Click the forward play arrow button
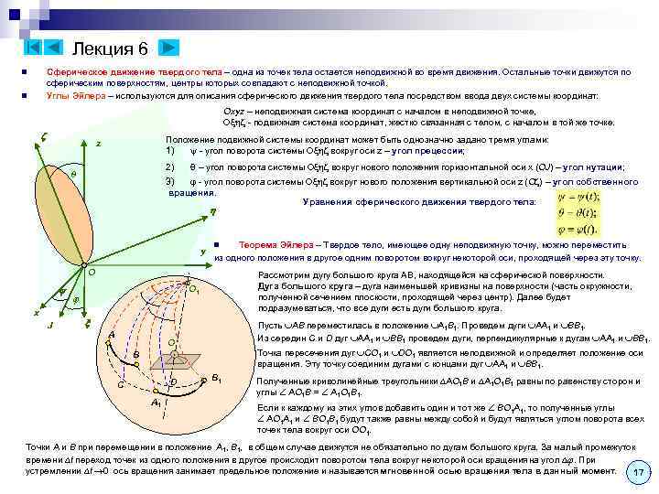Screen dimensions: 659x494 pos(170,47)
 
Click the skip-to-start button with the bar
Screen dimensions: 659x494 pos(31,47)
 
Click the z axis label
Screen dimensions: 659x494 pos(98,144)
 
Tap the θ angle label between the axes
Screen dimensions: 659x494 pos(73,173)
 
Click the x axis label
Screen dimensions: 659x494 pos(36,313)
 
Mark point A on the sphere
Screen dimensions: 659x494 pos(111,335)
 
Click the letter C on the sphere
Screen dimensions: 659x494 pos(120,382)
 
